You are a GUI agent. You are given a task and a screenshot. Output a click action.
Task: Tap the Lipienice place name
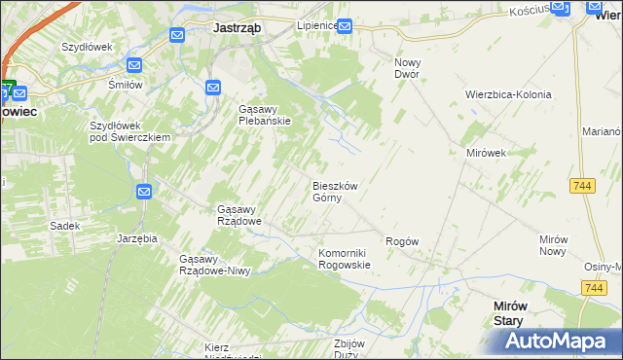coord(316,25)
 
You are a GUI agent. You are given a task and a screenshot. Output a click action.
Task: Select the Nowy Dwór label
coord(406,68)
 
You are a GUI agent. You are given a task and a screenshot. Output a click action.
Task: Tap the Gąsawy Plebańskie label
coord(265,115)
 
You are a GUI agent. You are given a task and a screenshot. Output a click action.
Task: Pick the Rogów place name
coord(402,241)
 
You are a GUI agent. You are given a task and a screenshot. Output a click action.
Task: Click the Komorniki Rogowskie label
coord(345,258)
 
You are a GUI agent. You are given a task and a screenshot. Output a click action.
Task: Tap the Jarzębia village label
coord(137,237)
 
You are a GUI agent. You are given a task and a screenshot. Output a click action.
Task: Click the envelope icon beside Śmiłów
coord(134,65)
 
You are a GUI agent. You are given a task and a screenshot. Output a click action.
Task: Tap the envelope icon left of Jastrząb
coord(177,35)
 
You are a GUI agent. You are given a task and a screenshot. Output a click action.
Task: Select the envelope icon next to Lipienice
coord(345,26)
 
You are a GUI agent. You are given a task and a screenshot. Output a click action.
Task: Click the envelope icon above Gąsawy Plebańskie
coord(213,89)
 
